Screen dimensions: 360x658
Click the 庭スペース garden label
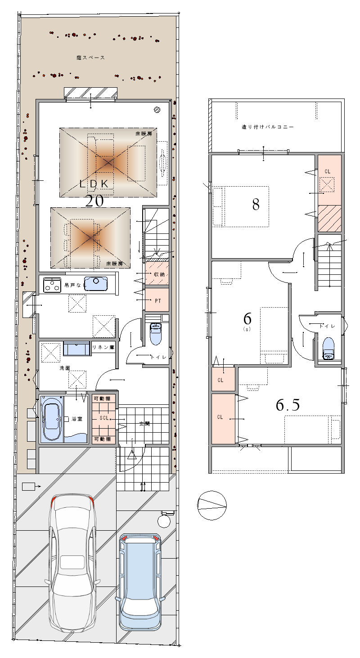(x=90, y=58)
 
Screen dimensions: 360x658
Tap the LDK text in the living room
(x=94, y=184)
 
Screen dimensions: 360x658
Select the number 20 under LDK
(x=94, y=201)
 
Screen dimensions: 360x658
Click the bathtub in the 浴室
(x=51, y=418)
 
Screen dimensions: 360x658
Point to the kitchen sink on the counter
(x=96, y=284)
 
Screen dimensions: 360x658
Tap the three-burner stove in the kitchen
(x=52, y=285)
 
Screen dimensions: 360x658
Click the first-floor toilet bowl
(x=155, y=334)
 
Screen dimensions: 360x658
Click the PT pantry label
(x=157, y=301)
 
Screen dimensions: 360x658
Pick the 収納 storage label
(x=159, y=274)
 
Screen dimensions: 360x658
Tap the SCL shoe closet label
(x=104, y=418)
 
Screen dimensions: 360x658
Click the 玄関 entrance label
(x=144, y=424)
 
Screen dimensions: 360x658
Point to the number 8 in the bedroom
(x=256, y=205)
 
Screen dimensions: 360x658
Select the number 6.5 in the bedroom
(x=288, y=405)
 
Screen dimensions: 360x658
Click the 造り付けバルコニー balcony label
(x=267, y=127)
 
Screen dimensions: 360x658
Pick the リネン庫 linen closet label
(x=103, y=347)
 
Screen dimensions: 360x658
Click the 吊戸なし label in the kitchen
(x=75, y=285)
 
